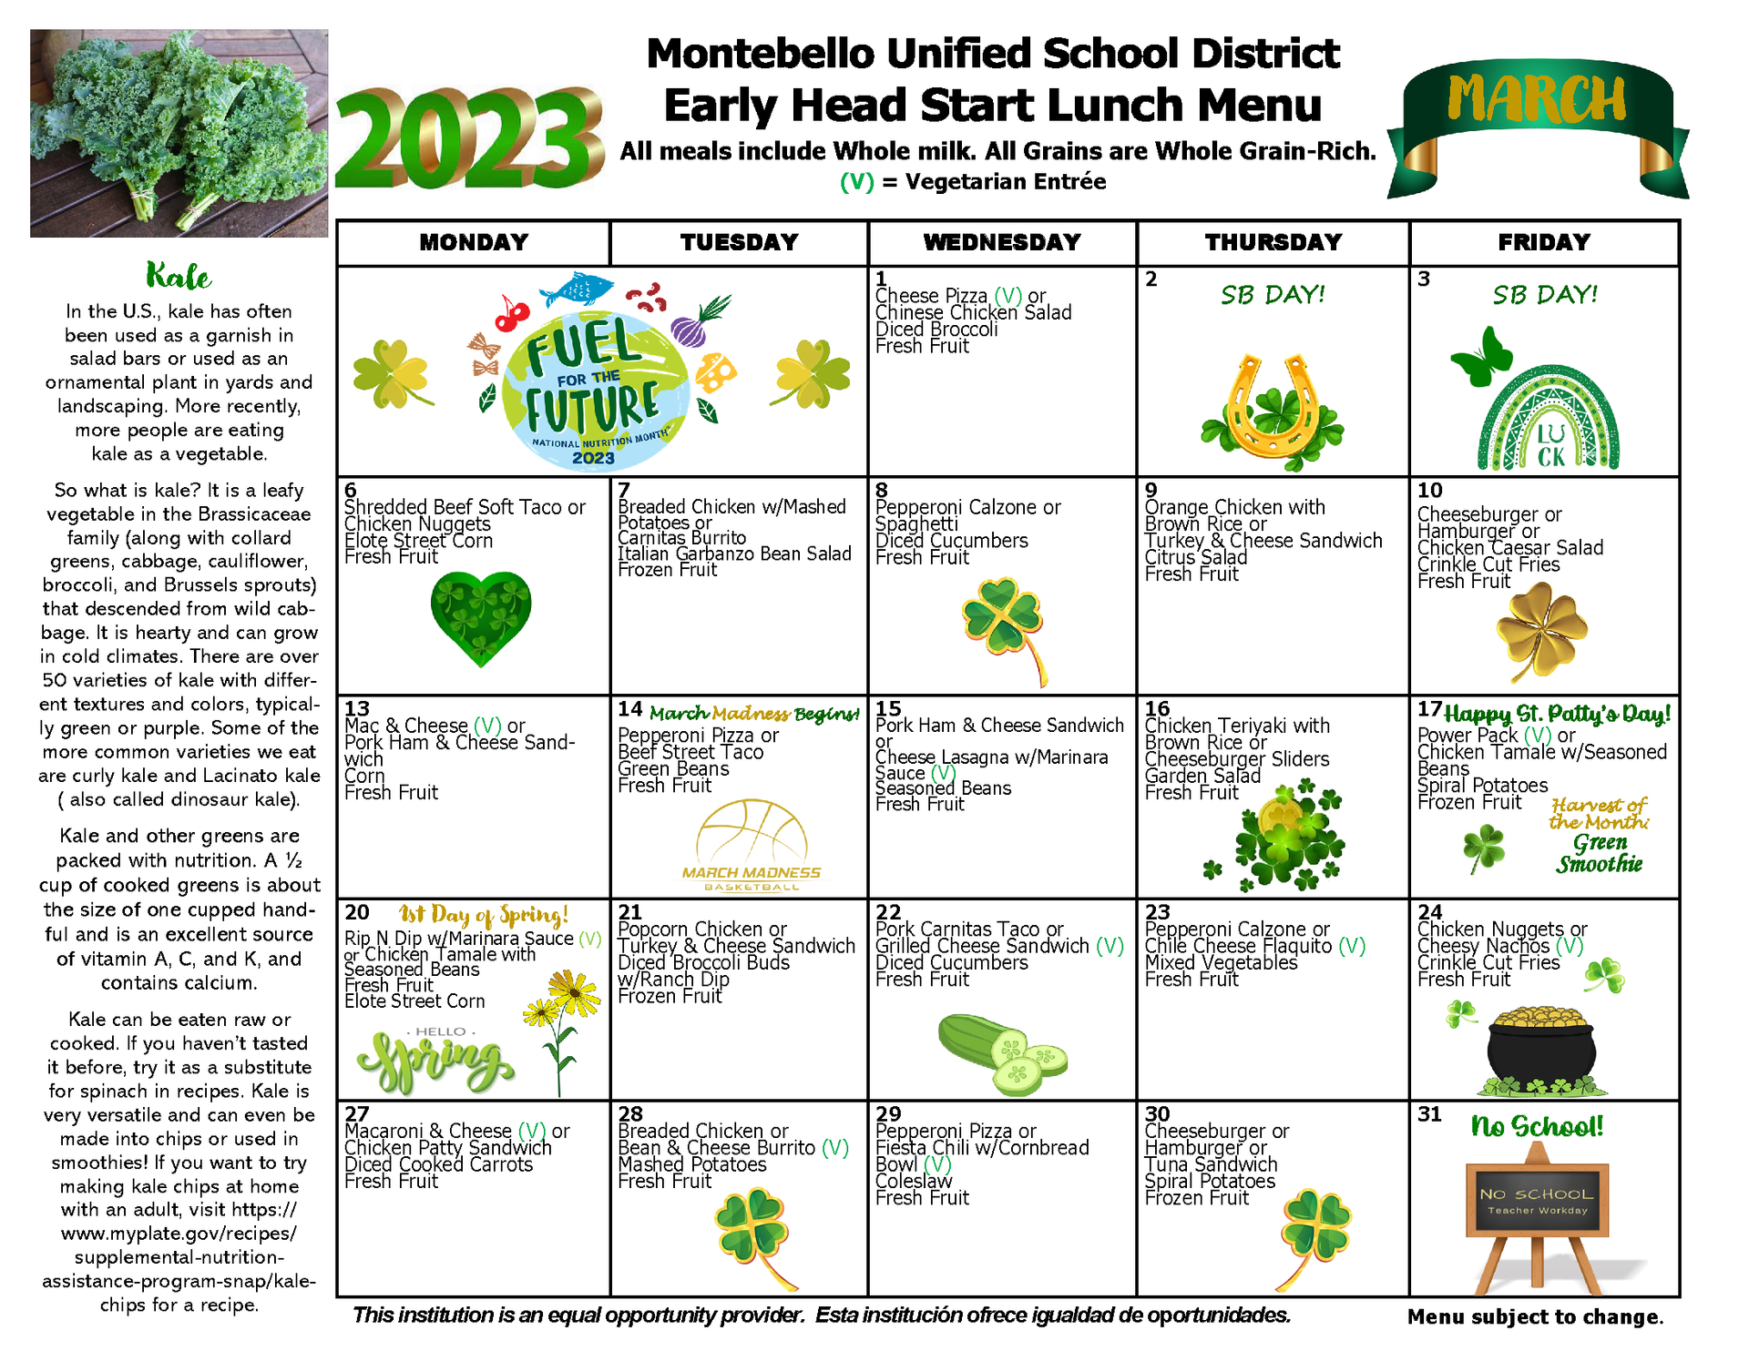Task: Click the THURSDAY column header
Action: (x=1273, y=243)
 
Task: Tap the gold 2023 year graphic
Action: (x=469, y=139)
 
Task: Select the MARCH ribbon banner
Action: (x=1537, y=118)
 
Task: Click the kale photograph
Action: (x=179, y=133)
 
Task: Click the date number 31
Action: (x=1430, y=1114)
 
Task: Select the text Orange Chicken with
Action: (x=1234, y=508)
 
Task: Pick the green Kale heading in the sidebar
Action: (x=179, y=276)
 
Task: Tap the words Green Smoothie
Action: (x=1600, y=853)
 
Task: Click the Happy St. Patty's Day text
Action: (x=1558, y=714)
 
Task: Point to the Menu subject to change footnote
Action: (x=1535, y=1316)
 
